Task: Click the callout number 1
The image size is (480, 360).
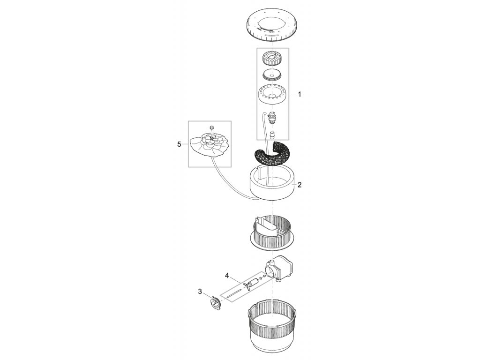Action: pyautogui.click(x=300, y=94)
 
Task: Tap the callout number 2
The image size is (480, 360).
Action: pyautogui.click(x=300, y=185)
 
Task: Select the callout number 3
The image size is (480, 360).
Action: pyautogui.click(x=200, y=292)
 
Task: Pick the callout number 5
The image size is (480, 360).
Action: pyautogui.click(x=179, y=144)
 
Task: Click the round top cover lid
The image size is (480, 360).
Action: pyautogui.click(x=273, y=26)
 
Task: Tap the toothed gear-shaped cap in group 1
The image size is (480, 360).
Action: pyautogui.click(x=273, y=59)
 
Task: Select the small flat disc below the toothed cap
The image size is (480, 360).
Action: pyautogui.click(x=273, y=74)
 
